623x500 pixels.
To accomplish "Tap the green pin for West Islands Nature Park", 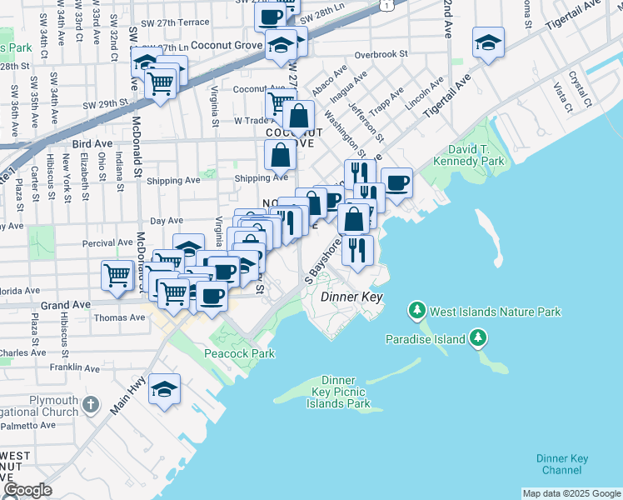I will coord(416,312).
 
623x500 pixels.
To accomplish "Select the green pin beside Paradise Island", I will coord(477,337).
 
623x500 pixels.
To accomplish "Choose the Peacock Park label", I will coord(239,353).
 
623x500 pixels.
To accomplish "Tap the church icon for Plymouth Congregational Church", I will coord(92,406).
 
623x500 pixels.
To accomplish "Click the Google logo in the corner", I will coord(27,490).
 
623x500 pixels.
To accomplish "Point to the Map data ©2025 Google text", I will coord(571,493).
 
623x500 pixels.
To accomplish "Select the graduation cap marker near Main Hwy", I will coord(165,389).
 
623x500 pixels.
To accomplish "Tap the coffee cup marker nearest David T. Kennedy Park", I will coord(396,182).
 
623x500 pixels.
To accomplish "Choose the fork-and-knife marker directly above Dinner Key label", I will coord(357,249).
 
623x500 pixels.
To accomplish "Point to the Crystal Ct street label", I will coord(580,84).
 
